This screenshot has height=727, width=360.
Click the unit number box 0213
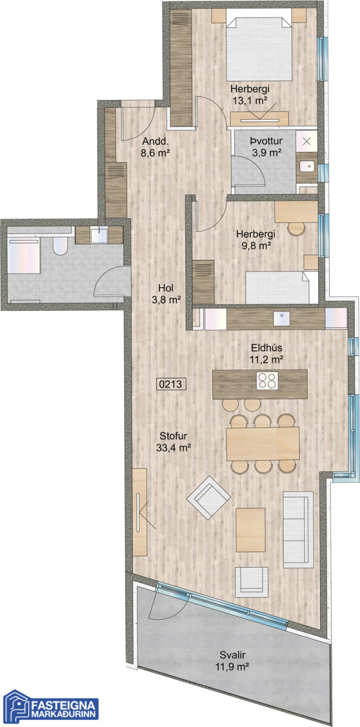(171, 384)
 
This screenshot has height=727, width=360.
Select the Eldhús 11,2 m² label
(267, 354)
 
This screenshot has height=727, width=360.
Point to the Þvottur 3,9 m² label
(267, 147)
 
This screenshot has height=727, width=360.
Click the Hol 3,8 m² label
(166, 294)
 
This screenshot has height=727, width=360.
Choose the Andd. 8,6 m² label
(156, 147)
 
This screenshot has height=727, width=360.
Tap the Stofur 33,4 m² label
(173, 442)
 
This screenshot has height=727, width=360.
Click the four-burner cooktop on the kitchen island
(267, 380)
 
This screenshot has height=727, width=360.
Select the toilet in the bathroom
(60, 245)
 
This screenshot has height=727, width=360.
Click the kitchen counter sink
(281, 319)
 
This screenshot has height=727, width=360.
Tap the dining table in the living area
(263, 443)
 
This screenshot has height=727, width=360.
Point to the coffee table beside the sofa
(250, 529)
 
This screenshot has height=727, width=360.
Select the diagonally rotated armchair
(208, 497)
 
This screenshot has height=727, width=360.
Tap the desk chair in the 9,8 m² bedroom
(296, 228)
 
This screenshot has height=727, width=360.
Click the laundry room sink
(307, 166)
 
